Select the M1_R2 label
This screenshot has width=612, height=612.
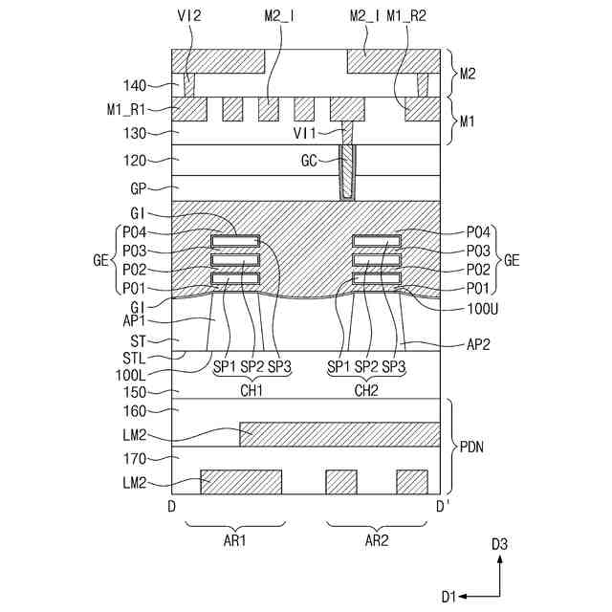coord(405,16)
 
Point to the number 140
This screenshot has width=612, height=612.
coord(151,86)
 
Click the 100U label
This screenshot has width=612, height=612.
coord(456,309)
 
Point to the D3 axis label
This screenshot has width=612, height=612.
coord(499,544)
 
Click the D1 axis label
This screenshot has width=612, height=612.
coord(448,596)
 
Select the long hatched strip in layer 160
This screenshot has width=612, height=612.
coord(339,433)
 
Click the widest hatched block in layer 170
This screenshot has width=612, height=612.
coord(241,481)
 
